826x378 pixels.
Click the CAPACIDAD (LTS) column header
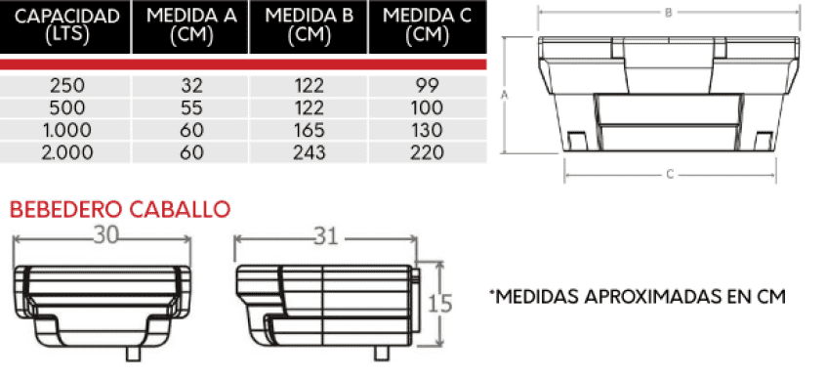67,25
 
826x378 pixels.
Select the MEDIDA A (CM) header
191,25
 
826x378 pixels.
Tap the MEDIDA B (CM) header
310,25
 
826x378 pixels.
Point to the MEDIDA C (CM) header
428,25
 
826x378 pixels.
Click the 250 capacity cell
67,85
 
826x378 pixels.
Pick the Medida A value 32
191,85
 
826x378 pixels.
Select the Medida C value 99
428,85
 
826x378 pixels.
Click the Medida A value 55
191,107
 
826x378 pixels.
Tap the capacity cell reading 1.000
67,130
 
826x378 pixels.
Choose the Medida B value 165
310,130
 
